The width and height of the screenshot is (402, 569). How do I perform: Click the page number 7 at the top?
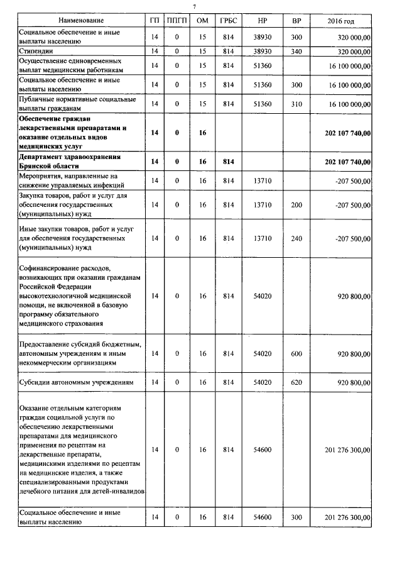click(194, 6)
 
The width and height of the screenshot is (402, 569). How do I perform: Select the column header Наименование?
click(79, 21)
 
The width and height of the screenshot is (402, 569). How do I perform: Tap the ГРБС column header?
click(228, 21)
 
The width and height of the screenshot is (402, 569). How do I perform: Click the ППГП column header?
click(177, 21)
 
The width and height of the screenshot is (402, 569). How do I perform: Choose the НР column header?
click(263, 21)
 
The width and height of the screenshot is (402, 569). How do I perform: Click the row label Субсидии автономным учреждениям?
click(77, 382)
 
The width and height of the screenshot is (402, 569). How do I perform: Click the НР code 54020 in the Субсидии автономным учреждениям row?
click(263, 382)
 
